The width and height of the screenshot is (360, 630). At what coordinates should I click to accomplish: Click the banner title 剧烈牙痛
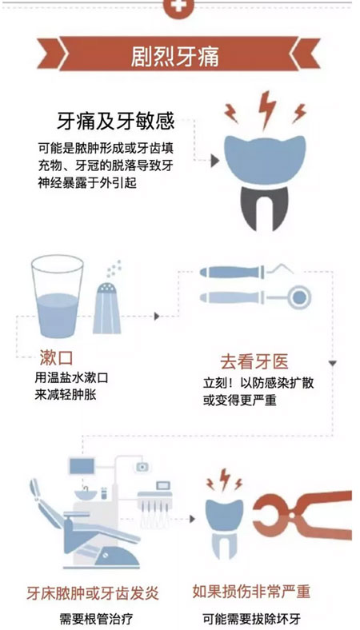tap(175, 57)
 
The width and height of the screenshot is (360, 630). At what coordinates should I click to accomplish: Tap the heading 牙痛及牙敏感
tap(115, 121)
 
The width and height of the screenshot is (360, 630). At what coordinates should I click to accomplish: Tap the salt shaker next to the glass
tap(107, 308)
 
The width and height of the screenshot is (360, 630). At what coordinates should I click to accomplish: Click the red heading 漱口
tap(56, 357)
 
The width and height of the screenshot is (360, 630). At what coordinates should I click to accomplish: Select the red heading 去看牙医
tap(254, 362)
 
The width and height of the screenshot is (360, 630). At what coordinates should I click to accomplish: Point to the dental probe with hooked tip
tap(246, 272)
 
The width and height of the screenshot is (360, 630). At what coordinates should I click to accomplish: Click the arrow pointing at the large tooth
tap(214, 161)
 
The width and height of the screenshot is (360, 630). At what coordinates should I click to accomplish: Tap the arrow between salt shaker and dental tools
tap(157, 317)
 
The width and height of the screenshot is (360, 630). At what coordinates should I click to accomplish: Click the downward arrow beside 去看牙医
tap(332, 364)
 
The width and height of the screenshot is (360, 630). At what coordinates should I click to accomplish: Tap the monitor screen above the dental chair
tap(82, 466)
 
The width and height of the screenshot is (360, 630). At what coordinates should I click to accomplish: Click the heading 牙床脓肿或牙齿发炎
tap(93, 593)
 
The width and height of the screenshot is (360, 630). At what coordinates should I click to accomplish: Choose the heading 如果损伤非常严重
tap(251, 592)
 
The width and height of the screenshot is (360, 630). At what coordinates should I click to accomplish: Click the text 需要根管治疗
tap(96, 618)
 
